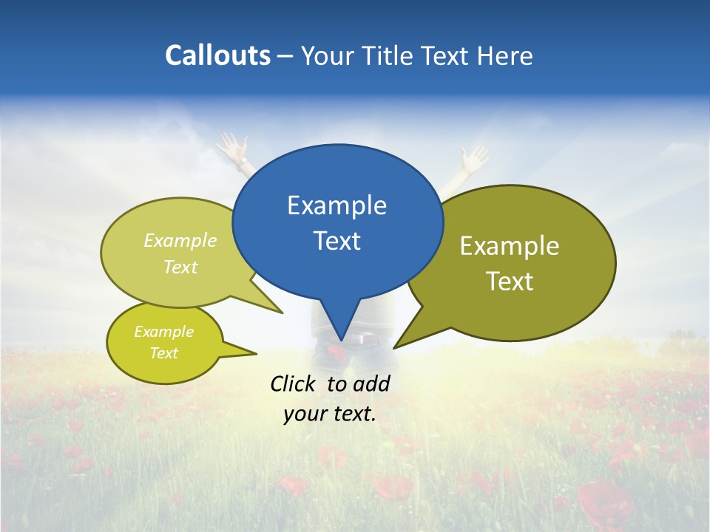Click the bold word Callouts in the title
click(217, 55)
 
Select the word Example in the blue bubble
click(337, 205)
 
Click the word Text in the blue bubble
click(337, 241)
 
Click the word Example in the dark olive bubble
click(510, 246)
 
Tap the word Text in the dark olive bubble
click(510, 282)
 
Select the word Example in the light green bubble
click(180, 241)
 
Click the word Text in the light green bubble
click(180, 267)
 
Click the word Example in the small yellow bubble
click(163, 332)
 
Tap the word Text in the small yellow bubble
click(163, 353)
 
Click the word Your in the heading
click(326, 55)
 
